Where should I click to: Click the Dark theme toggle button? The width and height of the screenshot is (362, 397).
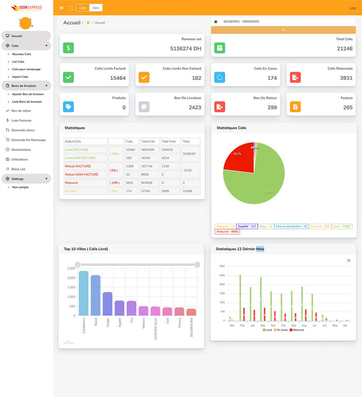[x=96, y=8]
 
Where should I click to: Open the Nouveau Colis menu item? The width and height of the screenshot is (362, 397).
[x=21, y=54]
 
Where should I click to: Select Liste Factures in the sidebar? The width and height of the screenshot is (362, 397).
[x=21, y=120]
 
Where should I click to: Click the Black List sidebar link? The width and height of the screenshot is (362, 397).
[x=19, y=169]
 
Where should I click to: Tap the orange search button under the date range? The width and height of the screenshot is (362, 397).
[x=283, y=30]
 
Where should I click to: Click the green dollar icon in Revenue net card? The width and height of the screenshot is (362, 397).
[x=68, y=48]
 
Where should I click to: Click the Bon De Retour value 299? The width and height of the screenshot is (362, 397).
[x=272, y=108]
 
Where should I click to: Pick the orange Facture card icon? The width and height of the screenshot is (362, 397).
[x=295, y=107]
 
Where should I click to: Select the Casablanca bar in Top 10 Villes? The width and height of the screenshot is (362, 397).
[x=84, y=293]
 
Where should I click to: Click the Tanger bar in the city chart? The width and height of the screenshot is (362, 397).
[x=107, y=304]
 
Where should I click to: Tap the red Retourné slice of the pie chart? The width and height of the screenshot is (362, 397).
[x=239, y=161]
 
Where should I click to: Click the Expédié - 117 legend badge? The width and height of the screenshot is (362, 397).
[x=247, y=226]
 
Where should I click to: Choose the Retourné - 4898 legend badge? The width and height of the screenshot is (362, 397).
[x=228, y=232]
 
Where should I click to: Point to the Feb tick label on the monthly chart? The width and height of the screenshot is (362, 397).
[x=242, y=325]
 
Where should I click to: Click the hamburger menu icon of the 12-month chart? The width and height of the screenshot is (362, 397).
[x=349, y=261]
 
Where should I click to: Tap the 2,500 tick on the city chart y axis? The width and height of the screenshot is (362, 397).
[x=70, y=269]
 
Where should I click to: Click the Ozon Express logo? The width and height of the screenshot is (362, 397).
[x=27, y=8]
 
